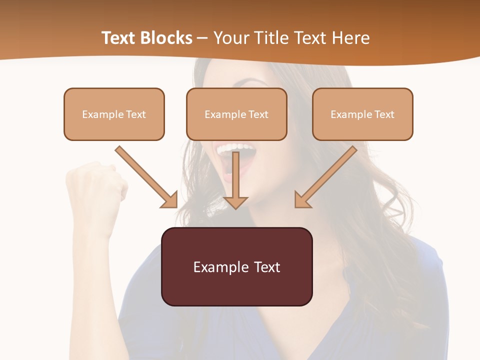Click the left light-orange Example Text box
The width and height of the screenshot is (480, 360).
(x=114, y=114)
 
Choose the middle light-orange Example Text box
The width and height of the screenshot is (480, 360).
(x=236, y=114)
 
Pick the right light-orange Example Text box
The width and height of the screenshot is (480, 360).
(x=362, y=114)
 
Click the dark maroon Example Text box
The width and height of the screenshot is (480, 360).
(x=236, y=266)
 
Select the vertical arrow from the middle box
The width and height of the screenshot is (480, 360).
(x=235, y=177)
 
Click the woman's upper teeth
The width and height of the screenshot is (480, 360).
(x=234, y=148)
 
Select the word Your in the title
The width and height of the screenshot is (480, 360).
(x=230, y=38)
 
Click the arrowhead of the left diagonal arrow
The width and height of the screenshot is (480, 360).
(x=169, y=200)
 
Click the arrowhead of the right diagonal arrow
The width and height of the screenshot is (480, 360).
(x=302, y=200)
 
